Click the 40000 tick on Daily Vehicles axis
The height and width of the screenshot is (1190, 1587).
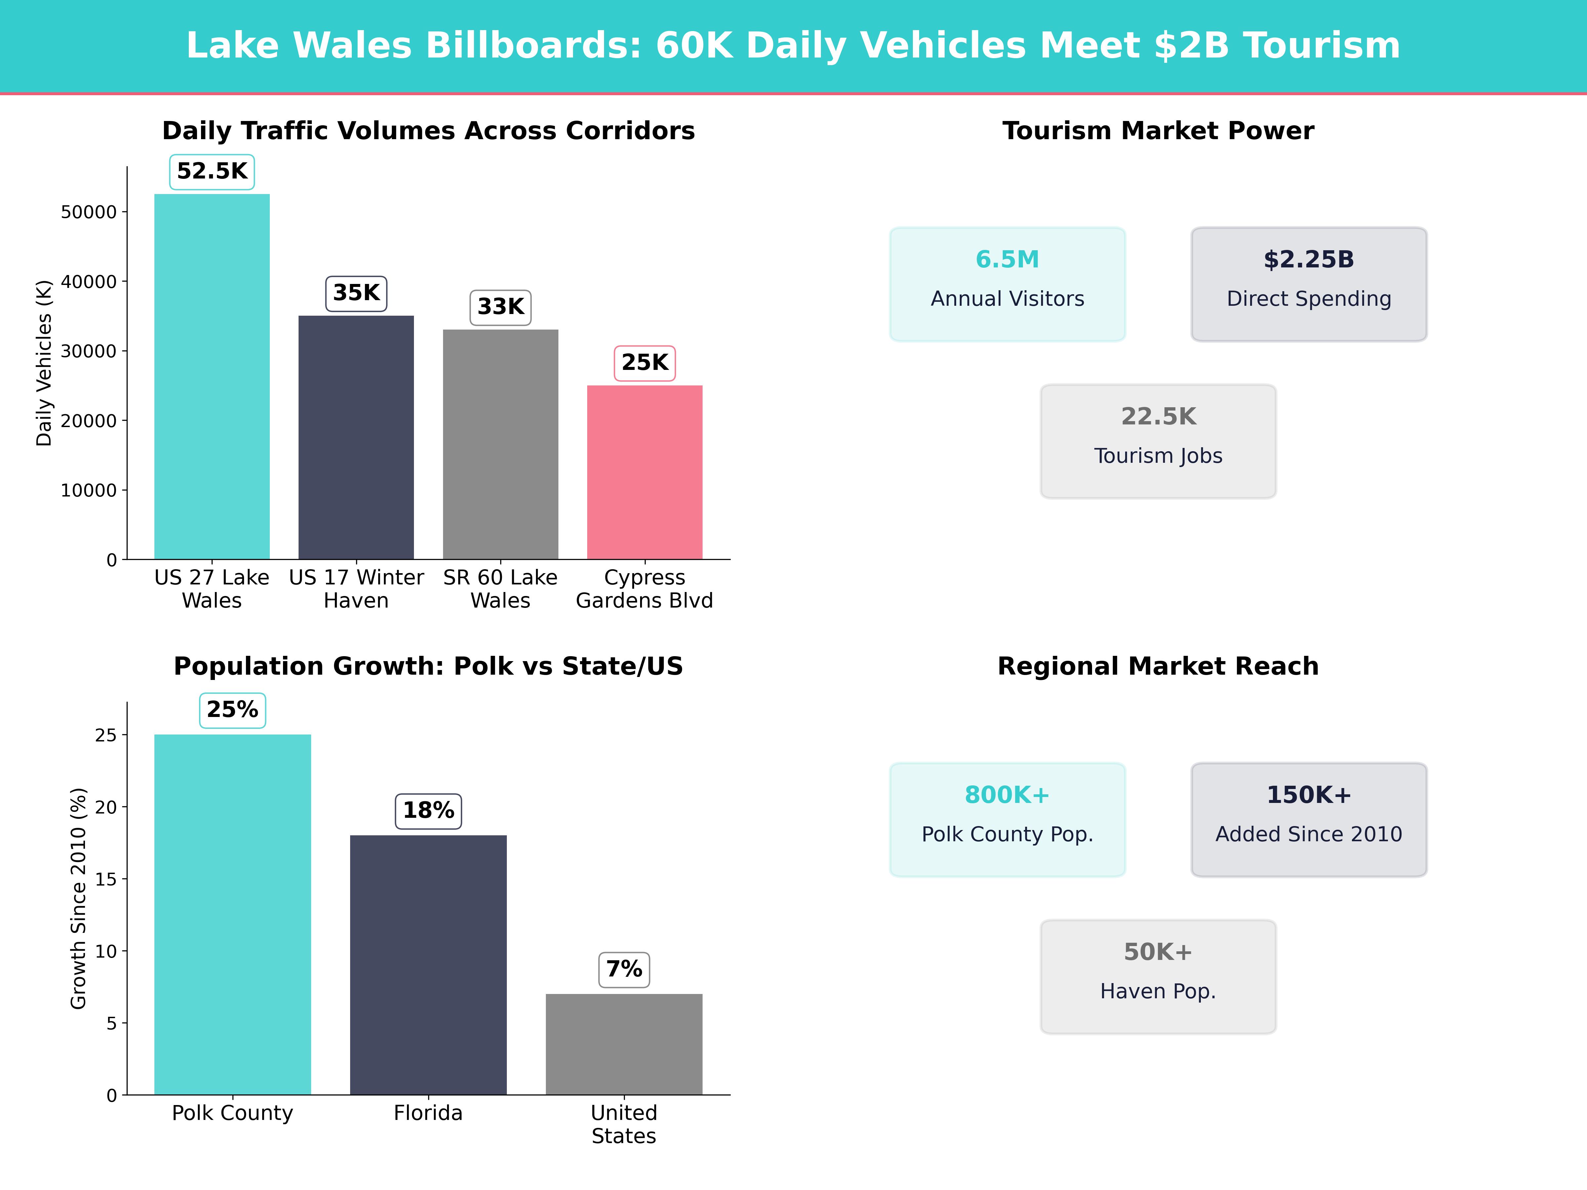88,282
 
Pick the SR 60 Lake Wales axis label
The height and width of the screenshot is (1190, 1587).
500,589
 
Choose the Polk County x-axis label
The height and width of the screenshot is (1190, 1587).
232,1113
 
